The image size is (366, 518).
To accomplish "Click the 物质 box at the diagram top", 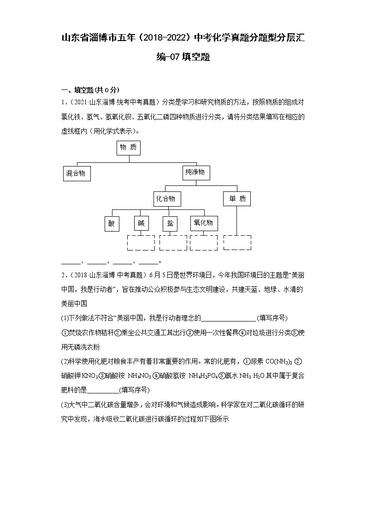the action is pos(129,148).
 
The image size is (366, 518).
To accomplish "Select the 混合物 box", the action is pos(77,173).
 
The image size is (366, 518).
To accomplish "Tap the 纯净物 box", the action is pos(196,173).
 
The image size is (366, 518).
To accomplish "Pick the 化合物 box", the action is pos(166,199).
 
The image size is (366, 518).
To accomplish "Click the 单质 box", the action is pos(237,199).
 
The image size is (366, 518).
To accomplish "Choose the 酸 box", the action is pos(112,223).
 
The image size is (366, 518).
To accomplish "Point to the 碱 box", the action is pos(141,223).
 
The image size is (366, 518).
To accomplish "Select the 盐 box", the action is pos(170,223).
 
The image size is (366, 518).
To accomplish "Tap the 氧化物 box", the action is pos(204,223).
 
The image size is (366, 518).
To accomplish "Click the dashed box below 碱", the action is pos(141,242).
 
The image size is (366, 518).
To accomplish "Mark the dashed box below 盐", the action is pos(173,242).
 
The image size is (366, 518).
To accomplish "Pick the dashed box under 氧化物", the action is pos(204,242).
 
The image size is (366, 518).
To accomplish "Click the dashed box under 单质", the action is pos(237,242).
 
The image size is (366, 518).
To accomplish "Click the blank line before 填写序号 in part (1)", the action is pos(229,318).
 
